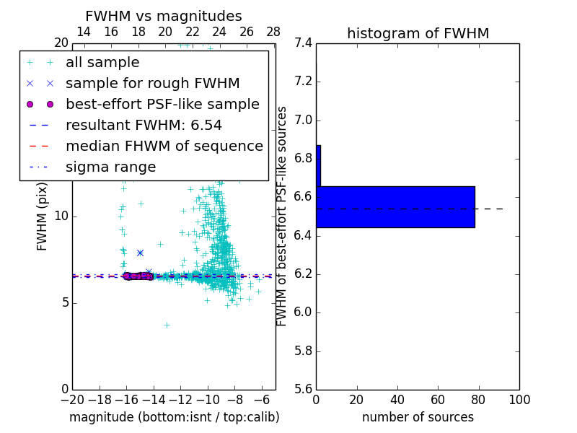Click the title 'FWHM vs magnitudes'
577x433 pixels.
click(x=164, y=16)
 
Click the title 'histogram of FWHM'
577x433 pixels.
click(x=418, y=33)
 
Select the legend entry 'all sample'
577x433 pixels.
click(x=102, y=63)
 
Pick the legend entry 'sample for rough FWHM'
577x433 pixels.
click(x=152, y=83)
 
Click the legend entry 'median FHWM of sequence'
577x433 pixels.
click(x=164, y=146)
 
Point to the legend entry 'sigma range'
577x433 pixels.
click(x=110, y=167)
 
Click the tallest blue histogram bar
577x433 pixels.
click(x=395, y=207)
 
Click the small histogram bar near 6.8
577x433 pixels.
click(x=318, y=166)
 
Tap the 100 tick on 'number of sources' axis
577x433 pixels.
click(x=519, y=400)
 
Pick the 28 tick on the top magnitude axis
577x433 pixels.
click(x=273, y=32)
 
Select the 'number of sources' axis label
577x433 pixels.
click(x=418, y=417)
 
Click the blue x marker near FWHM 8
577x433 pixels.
click(x=140, y=253)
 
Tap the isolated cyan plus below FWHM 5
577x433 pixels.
click(x=167, y=325)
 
